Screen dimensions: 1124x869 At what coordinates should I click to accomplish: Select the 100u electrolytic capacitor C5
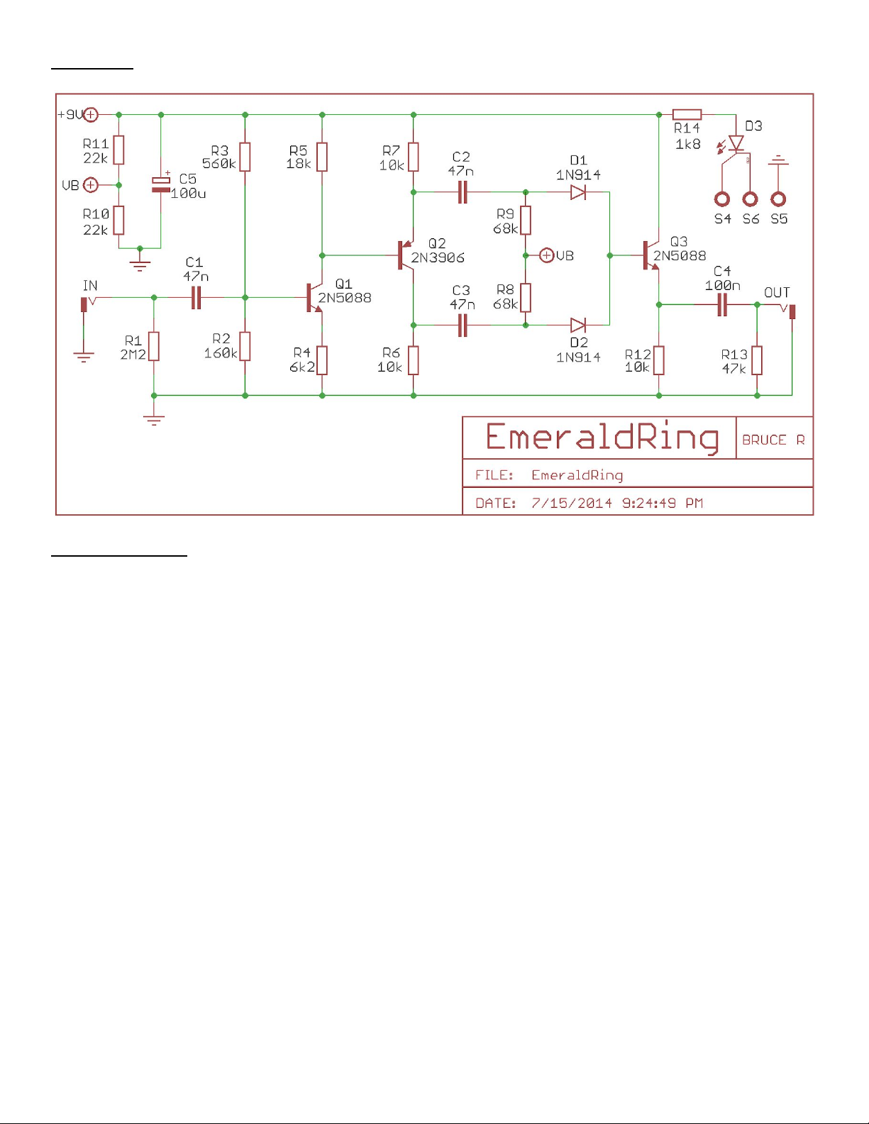click(x=161, y=184)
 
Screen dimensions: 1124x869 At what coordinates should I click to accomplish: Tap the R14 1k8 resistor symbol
click(x=687, y=114)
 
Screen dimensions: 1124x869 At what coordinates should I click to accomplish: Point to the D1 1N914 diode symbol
click(x=578, y=192)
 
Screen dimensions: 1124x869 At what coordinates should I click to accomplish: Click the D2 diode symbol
click(x=578, y=325)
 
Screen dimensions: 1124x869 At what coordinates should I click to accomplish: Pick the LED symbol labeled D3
click(x=736, y=144)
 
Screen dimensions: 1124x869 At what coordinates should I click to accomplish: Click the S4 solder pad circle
click(x=722, y=199)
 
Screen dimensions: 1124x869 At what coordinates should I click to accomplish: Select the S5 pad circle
click(x=778, y=199)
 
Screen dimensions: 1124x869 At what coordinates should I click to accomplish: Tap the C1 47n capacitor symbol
click(x=197, y=298)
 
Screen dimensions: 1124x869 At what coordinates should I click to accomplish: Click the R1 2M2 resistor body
click(x=154, y=346)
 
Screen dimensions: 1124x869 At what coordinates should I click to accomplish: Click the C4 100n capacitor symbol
click(x=722, y=305)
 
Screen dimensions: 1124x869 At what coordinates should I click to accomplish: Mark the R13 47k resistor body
click(x=757, y=360)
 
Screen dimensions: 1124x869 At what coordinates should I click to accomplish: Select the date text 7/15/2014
click(x=572, y=503)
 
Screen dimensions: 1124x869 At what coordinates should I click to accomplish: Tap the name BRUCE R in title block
click(x=773, y=440)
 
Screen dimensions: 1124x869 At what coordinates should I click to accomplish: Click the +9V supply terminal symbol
click(x=91, y=114)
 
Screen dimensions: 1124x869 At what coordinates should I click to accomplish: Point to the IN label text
click(x=90, y=286)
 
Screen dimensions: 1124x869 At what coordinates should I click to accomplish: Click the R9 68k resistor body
click(x=526, y=220)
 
